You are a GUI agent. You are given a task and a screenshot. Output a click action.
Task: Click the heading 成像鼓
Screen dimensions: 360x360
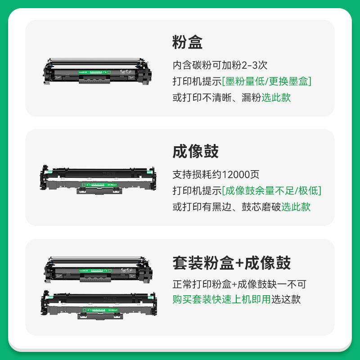pos(195,151)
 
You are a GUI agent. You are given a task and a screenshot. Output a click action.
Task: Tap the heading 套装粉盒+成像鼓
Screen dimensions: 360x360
pos(231,263)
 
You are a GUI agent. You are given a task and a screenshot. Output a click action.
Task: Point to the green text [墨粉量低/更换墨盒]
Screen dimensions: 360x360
pos(267,81)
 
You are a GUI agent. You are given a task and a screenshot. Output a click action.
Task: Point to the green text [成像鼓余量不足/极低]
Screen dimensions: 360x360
pos(272,190)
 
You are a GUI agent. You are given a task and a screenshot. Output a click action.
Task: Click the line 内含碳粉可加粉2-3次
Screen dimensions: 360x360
pos(220,65)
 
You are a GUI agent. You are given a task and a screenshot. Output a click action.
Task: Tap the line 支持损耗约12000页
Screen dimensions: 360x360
pos(216,175)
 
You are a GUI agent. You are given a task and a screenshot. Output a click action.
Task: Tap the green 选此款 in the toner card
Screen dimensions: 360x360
pos(276,97)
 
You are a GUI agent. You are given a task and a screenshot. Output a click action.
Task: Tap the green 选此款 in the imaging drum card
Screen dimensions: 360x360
pos(296,207)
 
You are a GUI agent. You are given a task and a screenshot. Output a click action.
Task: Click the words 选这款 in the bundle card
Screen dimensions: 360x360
pos(286,299)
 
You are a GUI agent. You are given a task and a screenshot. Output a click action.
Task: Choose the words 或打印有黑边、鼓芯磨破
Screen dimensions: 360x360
pos(226,207)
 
